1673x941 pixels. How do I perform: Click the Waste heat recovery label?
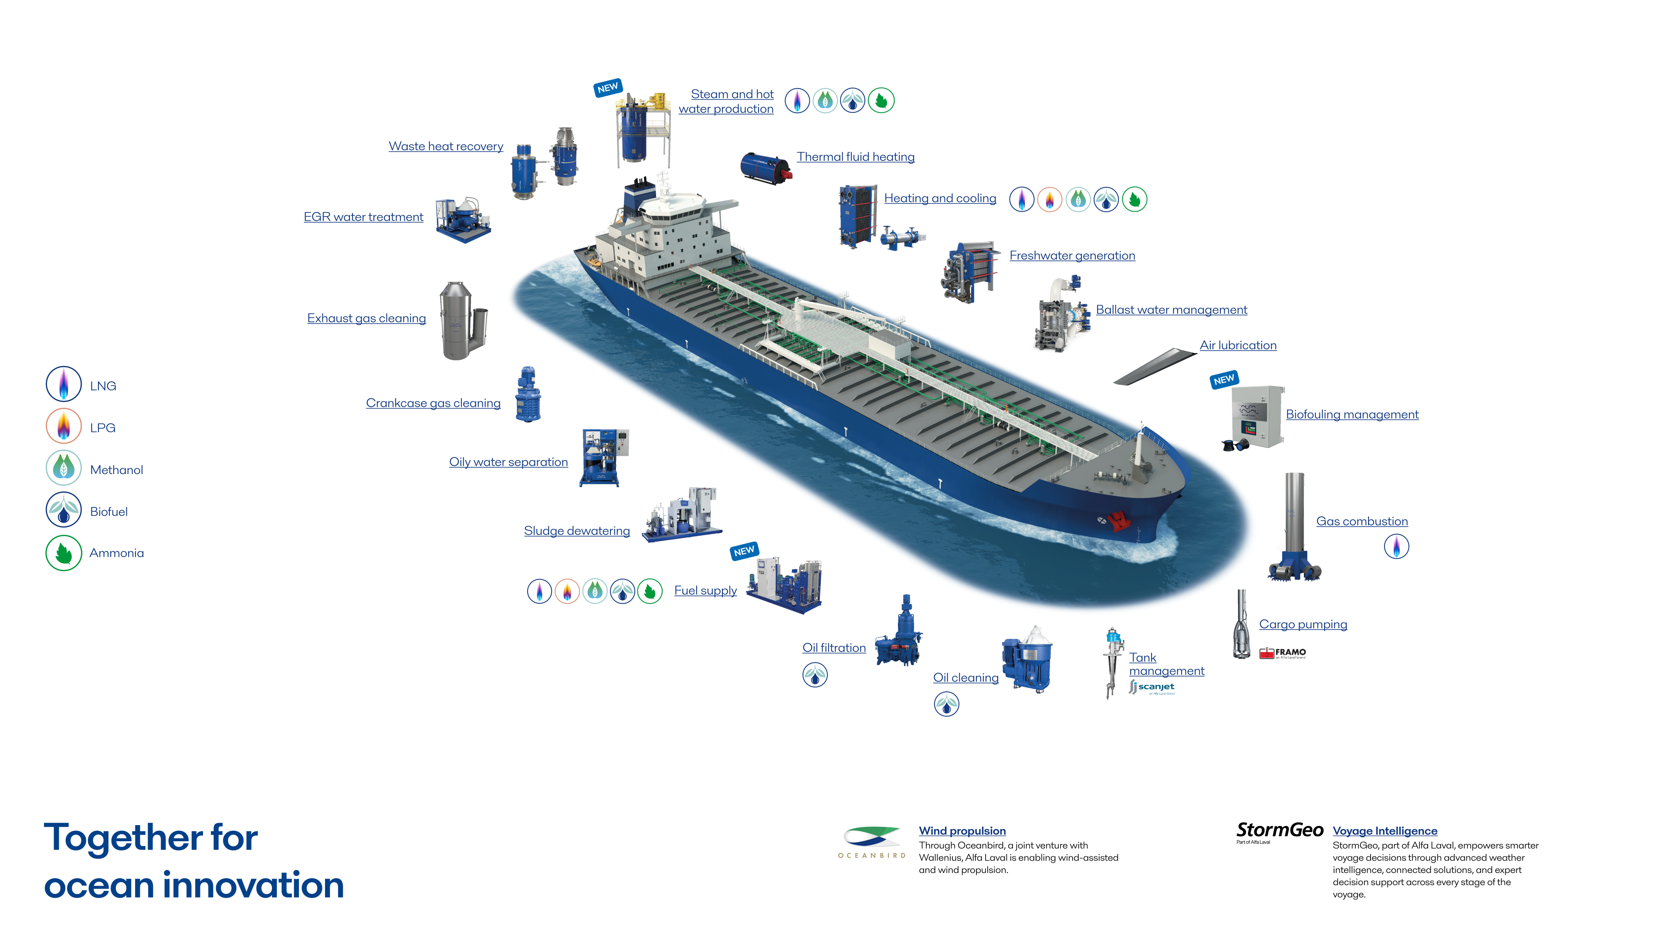(446, 146)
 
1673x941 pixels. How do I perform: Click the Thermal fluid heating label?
(855, 156)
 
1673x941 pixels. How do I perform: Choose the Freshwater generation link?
(1072, 256)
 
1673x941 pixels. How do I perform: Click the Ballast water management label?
(1171, 310)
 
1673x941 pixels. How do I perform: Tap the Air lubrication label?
(1238, 345)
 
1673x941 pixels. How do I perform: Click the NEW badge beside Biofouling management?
(1223, 379)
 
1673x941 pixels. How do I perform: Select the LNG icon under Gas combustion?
(1396, 546)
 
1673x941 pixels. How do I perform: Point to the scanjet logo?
(1151, 687)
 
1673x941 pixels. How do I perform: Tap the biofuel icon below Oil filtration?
(815, 675)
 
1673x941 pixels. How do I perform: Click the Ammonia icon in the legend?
(64, 553)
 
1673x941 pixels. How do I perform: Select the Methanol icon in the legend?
(64, 468)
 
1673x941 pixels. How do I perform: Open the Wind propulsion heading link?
(962, 831)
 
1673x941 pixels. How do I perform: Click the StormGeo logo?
(1280, 831)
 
